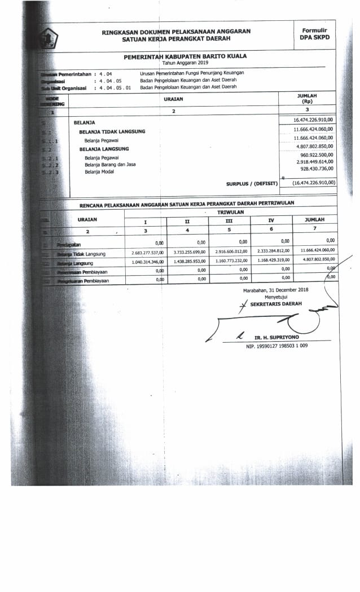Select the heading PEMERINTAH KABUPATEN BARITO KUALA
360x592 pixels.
click(x=185, y=56)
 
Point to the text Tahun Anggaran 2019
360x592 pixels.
click(x=185, y=63)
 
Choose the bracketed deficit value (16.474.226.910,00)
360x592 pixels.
click(x=314, y=183)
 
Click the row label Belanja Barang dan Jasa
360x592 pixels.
click(x=109, y=165)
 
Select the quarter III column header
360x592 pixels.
click(x=229, y=220)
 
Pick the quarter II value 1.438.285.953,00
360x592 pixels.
click(x=188, y=262)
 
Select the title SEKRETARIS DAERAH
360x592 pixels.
click(x=276, y=303)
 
